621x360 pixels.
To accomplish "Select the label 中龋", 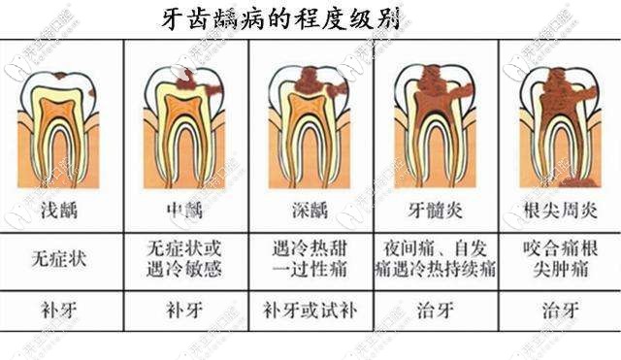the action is (x=182, y=210).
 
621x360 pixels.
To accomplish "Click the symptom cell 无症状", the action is (x=56, y=259).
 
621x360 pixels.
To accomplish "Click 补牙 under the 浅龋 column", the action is (x=56, y=311).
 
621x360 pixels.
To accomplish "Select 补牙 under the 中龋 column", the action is (x=182, y=311).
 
